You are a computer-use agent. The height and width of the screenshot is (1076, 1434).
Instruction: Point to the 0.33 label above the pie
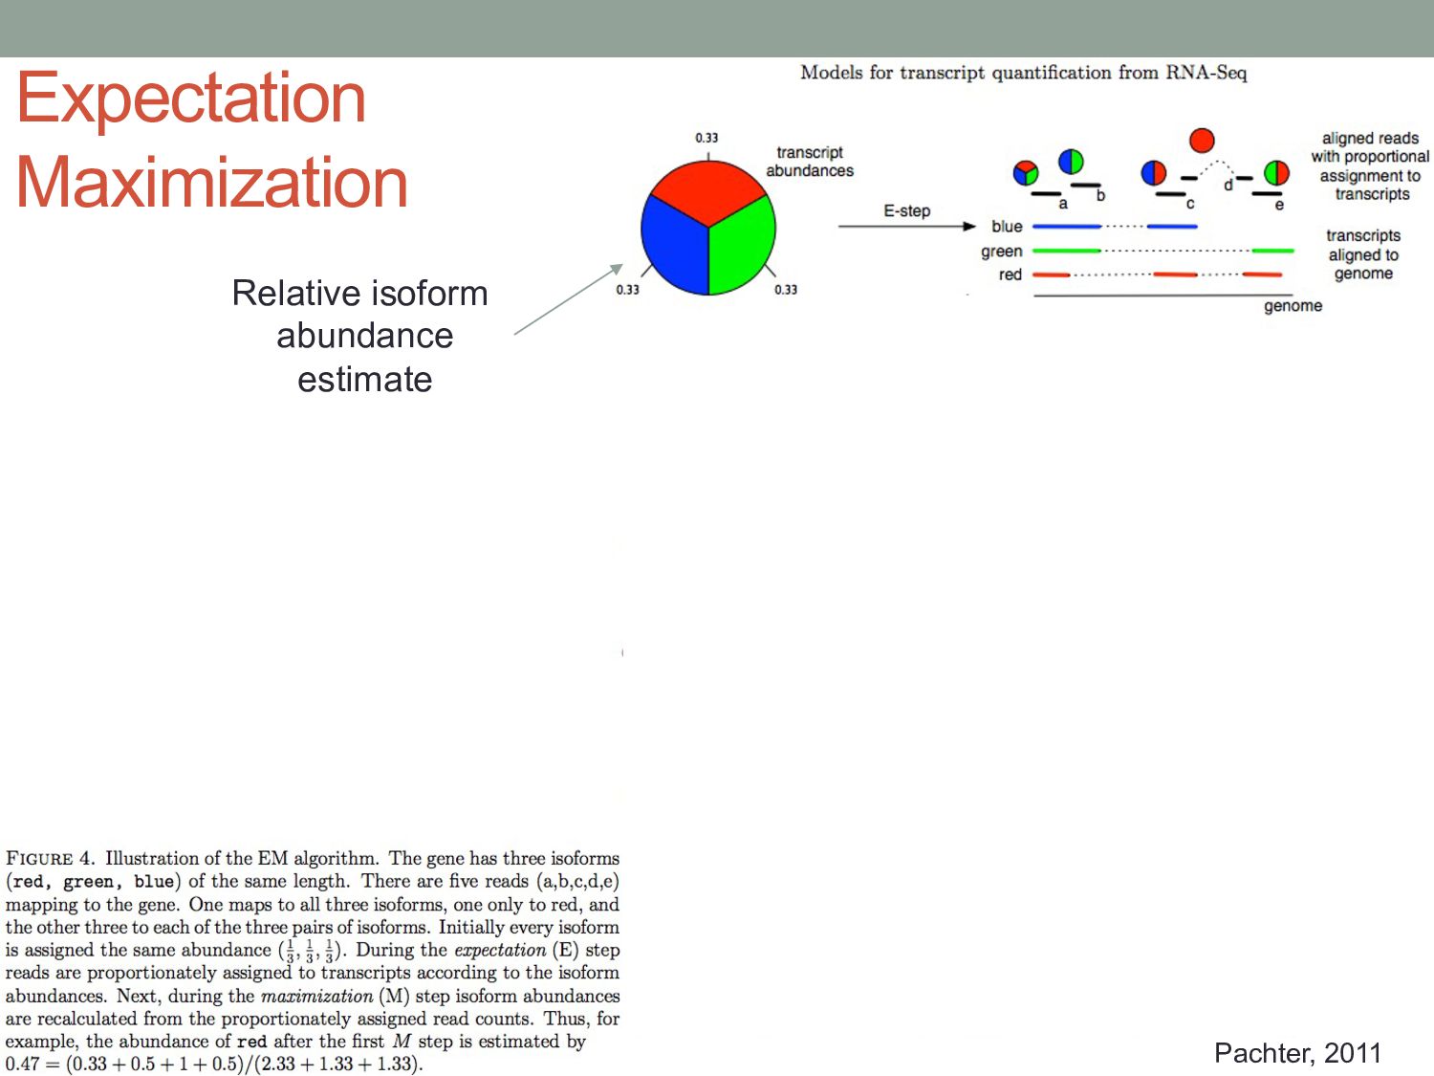[706, 138]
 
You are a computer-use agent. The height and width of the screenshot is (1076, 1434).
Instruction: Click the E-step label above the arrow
[906, 210]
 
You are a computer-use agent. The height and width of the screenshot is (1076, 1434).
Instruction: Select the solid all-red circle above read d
[1202, 141]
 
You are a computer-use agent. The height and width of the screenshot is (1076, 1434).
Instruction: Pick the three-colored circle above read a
[1026, 173]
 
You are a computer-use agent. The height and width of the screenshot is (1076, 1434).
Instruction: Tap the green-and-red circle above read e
[1276, 173]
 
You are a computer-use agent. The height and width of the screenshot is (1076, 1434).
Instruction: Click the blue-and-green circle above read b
[1071, 162]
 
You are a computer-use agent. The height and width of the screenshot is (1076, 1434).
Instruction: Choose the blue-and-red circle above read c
[1154, 173]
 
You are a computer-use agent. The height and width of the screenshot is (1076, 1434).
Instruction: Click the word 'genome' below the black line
[1293, 306]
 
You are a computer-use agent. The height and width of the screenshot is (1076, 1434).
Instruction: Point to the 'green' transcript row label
[1001, 252]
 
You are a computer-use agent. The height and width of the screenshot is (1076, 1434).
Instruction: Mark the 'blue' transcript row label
[1007, 227]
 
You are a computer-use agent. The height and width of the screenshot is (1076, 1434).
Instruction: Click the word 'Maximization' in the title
[212, 182]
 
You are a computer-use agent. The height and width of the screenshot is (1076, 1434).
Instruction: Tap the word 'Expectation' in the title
[191, 98]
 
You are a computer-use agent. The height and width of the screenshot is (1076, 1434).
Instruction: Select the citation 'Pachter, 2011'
[1297, 1053]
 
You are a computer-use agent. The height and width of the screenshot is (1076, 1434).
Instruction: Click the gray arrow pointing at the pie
[568, 299]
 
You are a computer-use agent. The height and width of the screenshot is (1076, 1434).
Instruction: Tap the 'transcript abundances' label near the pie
[809, 162]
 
